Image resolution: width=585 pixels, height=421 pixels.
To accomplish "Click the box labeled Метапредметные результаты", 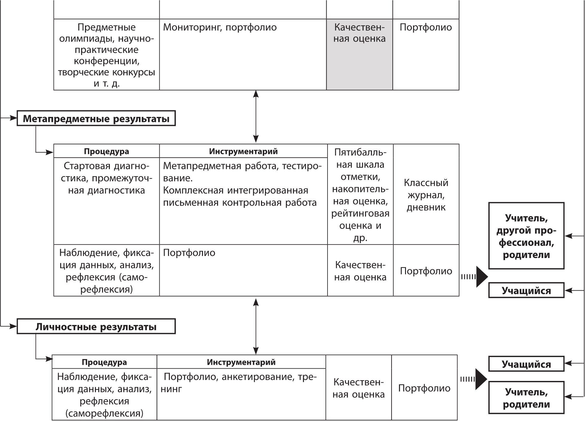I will click(x=96, y=119).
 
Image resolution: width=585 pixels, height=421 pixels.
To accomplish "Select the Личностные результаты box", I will click(x=96, y=327).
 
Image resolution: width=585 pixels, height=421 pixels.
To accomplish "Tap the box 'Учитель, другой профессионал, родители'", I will click(x=526, y=236).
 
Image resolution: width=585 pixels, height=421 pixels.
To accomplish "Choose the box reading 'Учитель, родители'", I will click(x=526, y=398).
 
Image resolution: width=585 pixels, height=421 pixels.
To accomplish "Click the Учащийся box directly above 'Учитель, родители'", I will click(x=526, y=364).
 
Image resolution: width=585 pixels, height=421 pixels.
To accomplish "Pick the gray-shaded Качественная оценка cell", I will click(x=359, y=54).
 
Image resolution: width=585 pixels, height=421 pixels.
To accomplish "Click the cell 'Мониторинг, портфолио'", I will click(x=243, y=54).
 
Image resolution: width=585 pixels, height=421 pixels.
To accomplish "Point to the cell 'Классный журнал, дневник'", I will click(x=426, y=195).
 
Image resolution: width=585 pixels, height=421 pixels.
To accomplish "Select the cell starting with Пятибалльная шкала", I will click(x=360, y=195).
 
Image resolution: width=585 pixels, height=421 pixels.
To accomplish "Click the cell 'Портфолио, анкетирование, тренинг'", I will click(x=241, y=394).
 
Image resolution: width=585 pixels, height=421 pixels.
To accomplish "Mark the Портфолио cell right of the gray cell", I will click(x=426, y=54).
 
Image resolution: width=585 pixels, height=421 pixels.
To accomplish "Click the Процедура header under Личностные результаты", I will click(x=104, y=362).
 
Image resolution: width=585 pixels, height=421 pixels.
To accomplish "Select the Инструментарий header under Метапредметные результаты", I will click(x=243, y=151).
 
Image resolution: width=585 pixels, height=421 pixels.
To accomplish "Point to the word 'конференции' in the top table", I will click(x=107, y=61).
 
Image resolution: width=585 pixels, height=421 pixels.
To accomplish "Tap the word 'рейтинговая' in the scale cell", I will click(x=360, y=213).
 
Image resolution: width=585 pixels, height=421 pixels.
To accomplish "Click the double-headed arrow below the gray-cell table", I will click(x=256, y=117).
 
